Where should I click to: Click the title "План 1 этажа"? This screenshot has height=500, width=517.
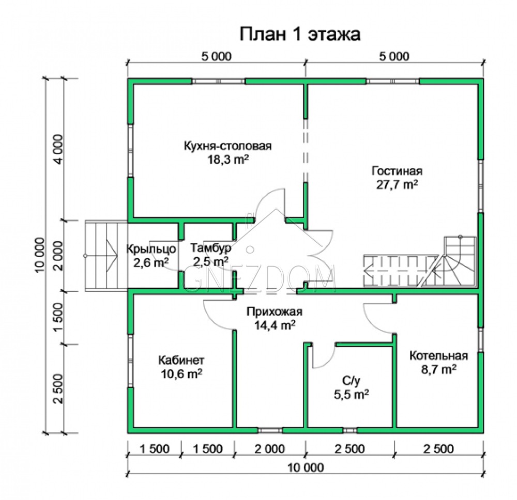[x=300, y=34]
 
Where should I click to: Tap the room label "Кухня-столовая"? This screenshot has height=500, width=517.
[x=227, y=146]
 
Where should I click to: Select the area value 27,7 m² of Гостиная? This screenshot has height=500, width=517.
[x=397, y=184]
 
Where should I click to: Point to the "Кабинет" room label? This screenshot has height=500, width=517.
[x=181, y=360]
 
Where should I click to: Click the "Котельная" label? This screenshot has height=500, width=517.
[x=438, y=356]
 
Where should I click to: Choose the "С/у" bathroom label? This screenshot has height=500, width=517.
[x=352, y=381]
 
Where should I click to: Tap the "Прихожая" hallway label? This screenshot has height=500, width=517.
[x=275, y=311]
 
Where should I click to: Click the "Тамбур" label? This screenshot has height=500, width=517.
[x=211, y=248]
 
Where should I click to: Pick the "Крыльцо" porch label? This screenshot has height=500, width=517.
[x=151, y=249]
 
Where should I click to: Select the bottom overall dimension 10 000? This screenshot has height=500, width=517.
[x=306, y=467]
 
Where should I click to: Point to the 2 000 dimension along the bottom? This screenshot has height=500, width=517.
[x=270, y=449]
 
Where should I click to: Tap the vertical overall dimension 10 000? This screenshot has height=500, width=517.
[x=40, y=255]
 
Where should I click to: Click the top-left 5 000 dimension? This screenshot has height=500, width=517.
[x=216, y=56]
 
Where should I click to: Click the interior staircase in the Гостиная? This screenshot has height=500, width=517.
[x=420, y=262]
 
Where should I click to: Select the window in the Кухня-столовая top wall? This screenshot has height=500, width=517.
[x=219, y=82]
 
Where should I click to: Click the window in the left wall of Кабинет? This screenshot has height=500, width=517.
[x=131, y=361]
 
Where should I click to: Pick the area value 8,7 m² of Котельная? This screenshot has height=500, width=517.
[x=439, y=369]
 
